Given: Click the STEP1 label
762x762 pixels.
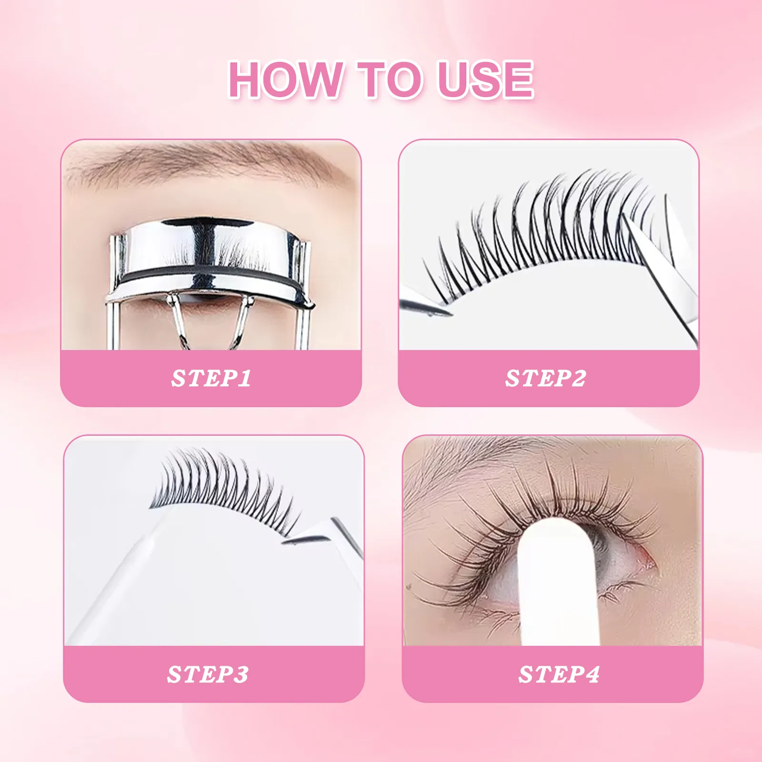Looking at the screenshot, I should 211,379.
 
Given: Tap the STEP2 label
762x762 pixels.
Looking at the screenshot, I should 546,379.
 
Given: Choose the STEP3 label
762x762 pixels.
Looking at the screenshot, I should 208,674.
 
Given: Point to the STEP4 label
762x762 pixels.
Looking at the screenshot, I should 559,674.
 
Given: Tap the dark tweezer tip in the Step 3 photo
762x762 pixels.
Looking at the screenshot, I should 305,539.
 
